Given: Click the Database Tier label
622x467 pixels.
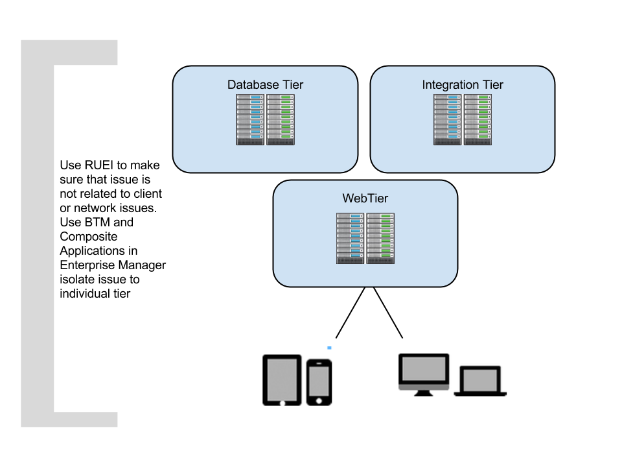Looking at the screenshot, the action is point(265,84).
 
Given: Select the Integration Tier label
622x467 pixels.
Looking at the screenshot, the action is point(463,84).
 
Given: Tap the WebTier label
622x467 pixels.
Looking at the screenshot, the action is point(365,198).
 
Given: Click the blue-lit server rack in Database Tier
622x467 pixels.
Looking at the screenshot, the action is point(250,119).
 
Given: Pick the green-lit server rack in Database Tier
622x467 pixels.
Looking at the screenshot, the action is point(281,119).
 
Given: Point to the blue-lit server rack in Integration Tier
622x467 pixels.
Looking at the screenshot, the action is point(448,119).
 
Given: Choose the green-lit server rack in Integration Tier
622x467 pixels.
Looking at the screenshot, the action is point(478,119).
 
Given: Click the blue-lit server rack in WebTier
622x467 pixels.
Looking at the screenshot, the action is point(351,238).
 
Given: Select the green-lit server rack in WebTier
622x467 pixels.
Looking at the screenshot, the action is point(380,238).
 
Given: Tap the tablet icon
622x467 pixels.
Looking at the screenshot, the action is point(282,380).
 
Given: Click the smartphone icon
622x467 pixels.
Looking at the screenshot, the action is point(319,383).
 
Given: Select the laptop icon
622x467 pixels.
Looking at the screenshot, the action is point(480,381).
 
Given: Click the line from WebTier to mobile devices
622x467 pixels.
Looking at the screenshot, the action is point(351,313).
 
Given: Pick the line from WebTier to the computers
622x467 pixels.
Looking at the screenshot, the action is point(388,313).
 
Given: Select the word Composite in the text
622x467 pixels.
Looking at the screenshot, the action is point(89,237).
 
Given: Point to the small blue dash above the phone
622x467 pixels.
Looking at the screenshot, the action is point(329,348).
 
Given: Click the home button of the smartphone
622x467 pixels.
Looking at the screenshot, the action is point(319,401).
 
